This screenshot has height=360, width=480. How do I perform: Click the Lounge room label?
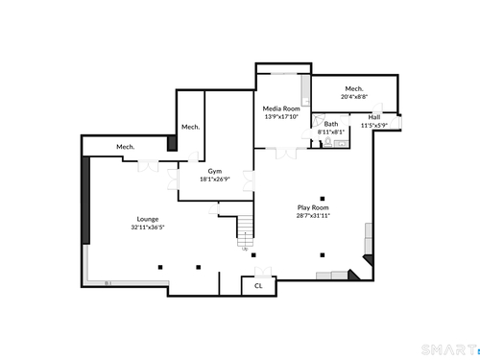pos(148,219)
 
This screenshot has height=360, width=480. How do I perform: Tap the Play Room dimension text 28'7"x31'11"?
pos(313,215)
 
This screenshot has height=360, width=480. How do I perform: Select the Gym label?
pos(215,171)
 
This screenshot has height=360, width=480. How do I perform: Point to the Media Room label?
pos(281,108)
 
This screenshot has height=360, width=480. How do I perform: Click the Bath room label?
pos(331,124)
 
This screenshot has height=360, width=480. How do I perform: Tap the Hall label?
pos(374,117)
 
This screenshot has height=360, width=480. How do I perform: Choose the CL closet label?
pos(258,286)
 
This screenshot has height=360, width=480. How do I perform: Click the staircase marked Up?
pos(246,230)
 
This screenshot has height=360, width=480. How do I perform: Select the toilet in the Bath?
pos(327,142)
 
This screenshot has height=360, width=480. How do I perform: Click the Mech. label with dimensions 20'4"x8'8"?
pos(354,88)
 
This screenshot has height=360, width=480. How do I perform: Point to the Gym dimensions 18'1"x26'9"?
pos(215,180)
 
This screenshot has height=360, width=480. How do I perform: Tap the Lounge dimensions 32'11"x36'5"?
pos(148,228)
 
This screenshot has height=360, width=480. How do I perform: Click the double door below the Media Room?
pos(286,154)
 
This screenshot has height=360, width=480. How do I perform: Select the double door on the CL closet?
pos(263,272)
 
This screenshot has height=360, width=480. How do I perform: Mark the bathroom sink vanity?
pos(341,144)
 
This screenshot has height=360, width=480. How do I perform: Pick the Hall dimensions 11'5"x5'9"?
pos(374,126)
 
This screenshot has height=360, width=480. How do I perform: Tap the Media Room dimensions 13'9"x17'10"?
pos(281,117)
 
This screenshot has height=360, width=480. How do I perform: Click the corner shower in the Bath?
pos(318,121)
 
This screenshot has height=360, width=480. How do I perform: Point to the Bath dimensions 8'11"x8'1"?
pos(331,132)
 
